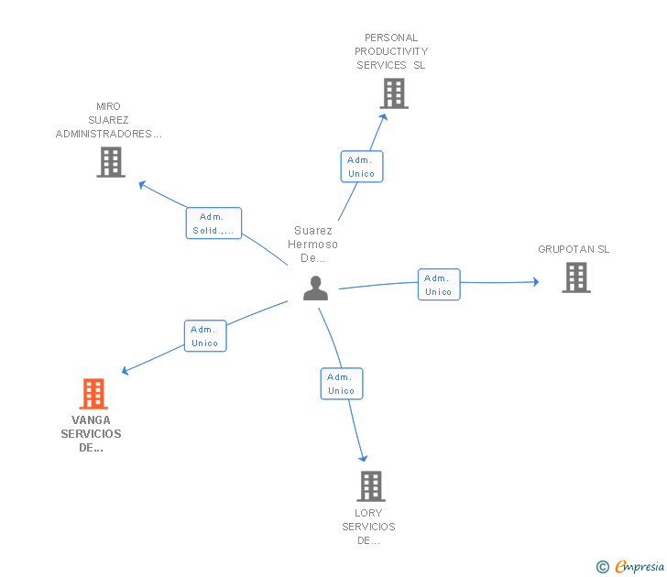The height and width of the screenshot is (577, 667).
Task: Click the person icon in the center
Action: pyautogui.click(x=315, y=288)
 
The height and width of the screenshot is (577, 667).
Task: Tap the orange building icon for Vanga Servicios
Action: pyautogui.click(x=93, y=394)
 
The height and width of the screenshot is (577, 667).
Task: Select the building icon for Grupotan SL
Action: pyautogui.click(x=575, y=278)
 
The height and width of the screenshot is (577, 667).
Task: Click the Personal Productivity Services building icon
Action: pyautogui.click(x=393, y=93)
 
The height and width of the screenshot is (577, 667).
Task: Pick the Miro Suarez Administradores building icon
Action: pyautogui.click(x=110, y=162)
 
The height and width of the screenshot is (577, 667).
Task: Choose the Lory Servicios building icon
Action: pyautogui.click(x=370, y=486)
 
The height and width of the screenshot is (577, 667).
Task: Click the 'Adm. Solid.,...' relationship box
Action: pyautogui.click(x=213, y=223)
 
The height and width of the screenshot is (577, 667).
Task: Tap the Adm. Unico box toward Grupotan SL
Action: pyautogui.click(x=438, y=285)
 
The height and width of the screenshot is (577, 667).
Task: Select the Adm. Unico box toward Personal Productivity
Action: pyautogui.click(x=361, y=167)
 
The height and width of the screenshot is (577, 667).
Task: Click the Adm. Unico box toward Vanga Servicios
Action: pyautogui.click(x=204, y=336)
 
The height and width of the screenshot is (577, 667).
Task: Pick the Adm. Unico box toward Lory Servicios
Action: pyautogui.click(x=341, y=384)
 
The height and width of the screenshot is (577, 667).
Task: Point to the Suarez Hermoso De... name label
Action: pyautogui.click(x=313, y=245)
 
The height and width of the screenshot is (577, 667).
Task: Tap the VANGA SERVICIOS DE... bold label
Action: pyautogui.click(x=91, y=434)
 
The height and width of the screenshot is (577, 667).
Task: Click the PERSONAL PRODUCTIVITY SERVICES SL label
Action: pyautogui.click(x=391, y=51)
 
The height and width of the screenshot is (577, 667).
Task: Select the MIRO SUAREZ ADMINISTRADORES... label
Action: pyautogui.click(x=108, y=120)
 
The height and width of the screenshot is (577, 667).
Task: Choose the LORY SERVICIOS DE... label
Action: pyautogui.click(x=368, y=527)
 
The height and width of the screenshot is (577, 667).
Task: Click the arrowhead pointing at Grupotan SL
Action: pyautogui.click(x=536, y=281)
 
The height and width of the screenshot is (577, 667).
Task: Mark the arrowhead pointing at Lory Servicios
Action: pyautogui.click(x=364, y=457)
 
